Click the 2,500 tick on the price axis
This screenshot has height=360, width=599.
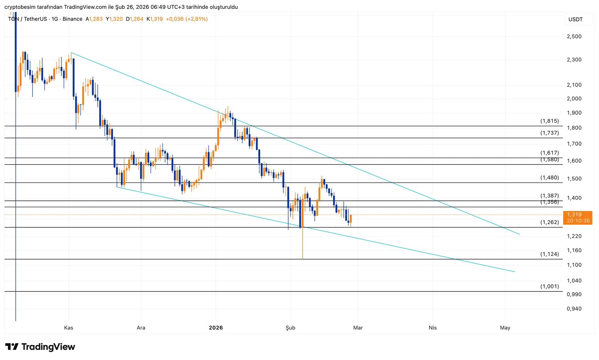click(574, 36)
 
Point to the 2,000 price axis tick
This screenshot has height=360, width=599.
click(574, 99)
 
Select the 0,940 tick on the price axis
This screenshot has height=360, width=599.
click(574, 309)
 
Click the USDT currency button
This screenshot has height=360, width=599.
click(575, 19)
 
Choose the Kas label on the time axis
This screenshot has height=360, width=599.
click(69, 328)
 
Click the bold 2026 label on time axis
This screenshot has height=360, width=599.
click(216, 328)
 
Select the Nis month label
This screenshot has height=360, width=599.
click(432, 328)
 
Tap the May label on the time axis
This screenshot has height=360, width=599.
click(505, 328)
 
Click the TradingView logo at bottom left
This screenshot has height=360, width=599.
click(40, 347)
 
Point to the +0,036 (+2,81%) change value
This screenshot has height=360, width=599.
click(186, 19)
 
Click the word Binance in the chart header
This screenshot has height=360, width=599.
click(72, 19)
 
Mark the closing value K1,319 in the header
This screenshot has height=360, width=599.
click(155, 19)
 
